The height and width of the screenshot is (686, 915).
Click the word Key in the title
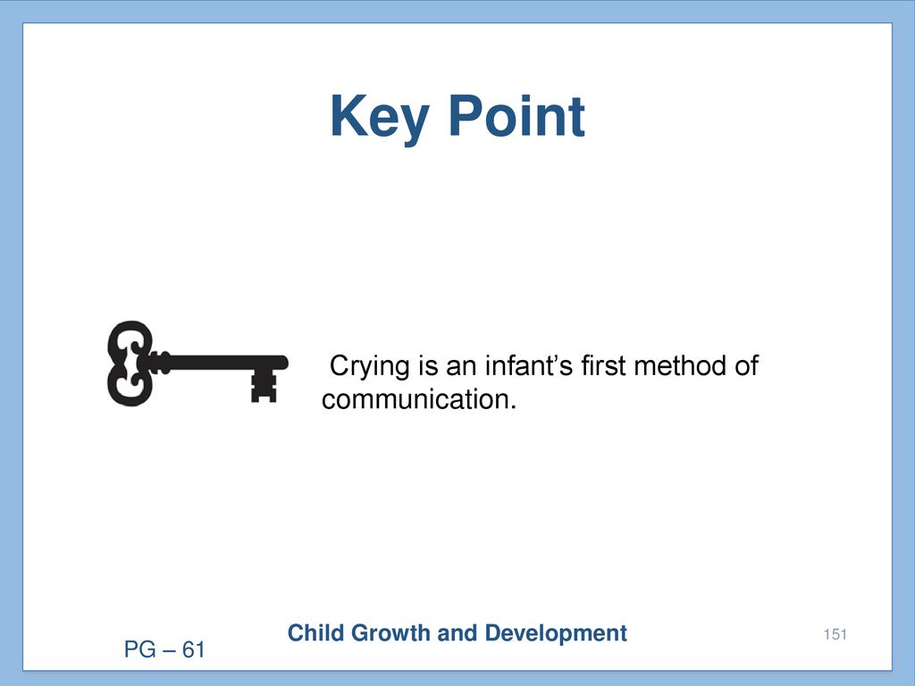380,119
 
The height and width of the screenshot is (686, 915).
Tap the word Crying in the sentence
370,367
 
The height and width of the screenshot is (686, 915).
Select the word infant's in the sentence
529,365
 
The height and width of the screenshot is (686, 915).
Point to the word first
603,365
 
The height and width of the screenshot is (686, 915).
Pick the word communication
419,399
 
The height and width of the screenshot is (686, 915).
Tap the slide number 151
835,634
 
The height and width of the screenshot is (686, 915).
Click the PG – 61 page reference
164,649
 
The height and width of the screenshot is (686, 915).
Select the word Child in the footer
315,633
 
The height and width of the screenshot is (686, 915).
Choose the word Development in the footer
556,633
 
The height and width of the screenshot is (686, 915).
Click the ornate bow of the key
130,363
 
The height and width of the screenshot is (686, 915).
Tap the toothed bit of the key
264,386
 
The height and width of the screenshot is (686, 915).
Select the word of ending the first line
746,365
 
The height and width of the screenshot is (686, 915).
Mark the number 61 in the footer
194,649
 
